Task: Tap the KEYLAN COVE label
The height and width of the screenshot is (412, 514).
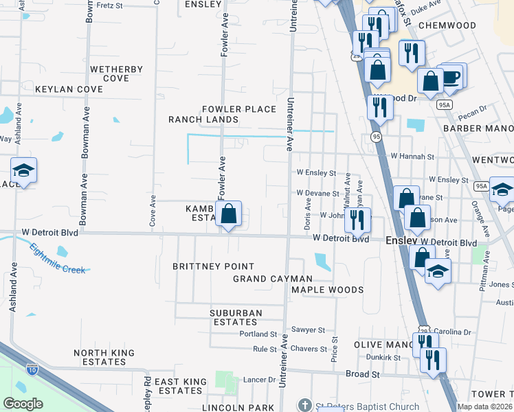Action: coord(69,89)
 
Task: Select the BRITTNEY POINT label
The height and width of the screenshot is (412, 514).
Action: coord(213,266)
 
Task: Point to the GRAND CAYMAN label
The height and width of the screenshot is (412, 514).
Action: coord(273,279)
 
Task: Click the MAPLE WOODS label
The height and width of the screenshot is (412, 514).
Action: coord(327,290)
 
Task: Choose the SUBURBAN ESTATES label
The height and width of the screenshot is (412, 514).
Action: coord(236,318)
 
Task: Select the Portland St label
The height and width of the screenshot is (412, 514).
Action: coord(258,334)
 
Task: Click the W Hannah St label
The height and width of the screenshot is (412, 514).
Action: coord(410,157)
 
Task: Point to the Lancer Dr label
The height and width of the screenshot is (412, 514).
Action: coord(259,379)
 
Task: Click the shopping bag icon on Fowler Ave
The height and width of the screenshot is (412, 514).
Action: coord(229,214)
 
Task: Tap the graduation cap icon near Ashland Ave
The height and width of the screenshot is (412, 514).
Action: coord(23,170)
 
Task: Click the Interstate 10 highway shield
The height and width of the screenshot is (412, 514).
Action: coord(32,369)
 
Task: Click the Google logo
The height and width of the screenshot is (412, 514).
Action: coord(23,404)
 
